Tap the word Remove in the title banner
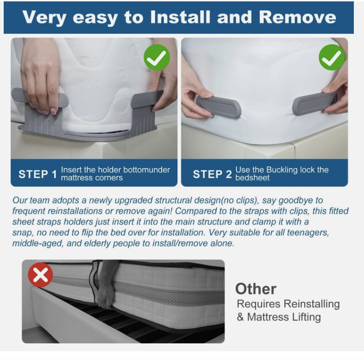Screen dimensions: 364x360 click(x=297, y=17)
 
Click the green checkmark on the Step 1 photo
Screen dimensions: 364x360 click(x=157, y=57)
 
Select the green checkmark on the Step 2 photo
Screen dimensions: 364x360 click(x=332, y=57)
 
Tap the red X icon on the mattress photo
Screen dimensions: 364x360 click(x=40, y=275)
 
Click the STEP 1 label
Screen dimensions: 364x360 click(x=37, y=174)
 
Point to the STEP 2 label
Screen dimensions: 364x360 click(x=212, y=174)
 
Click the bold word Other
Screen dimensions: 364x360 click(x=255, y=289)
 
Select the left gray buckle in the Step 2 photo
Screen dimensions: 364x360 click(x=218, y=107)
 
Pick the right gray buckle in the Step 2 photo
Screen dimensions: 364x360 click(x=315, y=103)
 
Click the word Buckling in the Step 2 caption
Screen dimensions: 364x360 click(x=282, y=170)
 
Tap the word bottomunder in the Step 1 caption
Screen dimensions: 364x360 click(x=146, y=170)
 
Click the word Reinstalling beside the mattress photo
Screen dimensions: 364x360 click(x=311, y=304)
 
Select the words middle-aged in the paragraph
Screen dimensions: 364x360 click(x=37, y=244)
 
